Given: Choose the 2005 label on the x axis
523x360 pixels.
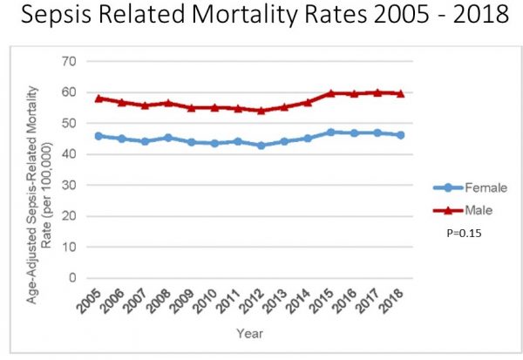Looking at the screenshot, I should (89, 300).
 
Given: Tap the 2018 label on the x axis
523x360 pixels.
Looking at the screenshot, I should (391, 300).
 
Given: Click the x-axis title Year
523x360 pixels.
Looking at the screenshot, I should (248, 332).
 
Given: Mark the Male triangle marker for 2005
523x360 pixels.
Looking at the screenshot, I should (98, 98).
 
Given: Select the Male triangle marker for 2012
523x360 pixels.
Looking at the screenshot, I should (261, 111).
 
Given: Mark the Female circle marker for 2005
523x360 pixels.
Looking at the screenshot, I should (98, 136).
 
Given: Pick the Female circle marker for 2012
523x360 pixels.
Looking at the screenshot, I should (261, 146).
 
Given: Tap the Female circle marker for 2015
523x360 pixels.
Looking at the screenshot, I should (330, 132).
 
